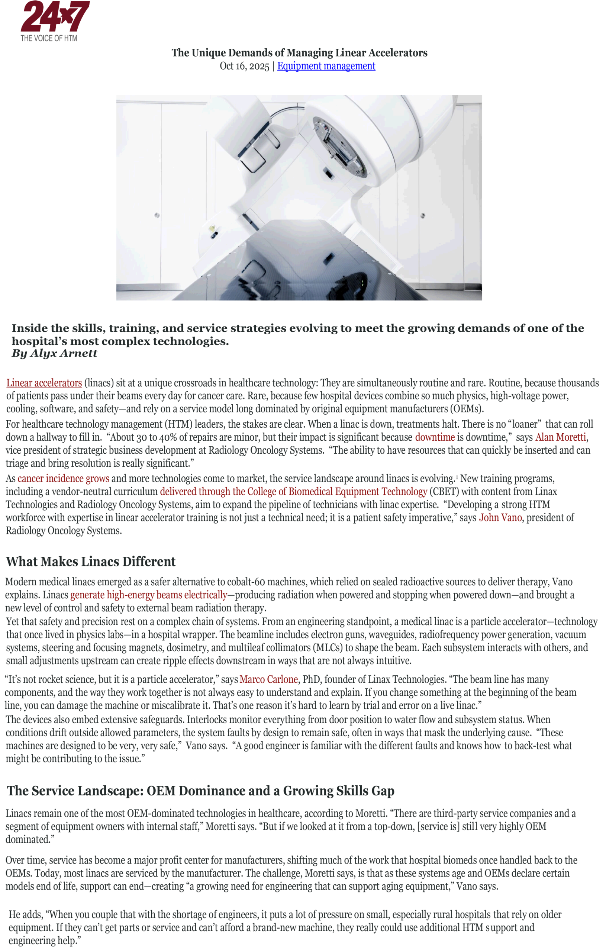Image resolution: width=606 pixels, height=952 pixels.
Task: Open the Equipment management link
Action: [326, 66]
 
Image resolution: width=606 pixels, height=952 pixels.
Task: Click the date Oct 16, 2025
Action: [244, 66]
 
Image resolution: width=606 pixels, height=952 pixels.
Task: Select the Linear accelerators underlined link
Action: [44, 383]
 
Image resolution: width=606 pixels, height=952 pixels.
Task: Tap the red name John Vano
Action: [500, 518]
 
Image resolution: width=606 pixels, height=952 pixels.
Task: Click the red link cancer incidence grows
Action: [63, 478]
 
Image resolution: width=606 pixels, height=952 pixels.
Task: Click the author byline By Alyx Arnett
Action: [54, 353]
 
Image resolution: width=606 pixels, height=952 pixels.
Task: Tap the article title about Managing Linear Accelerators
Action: [299, 52]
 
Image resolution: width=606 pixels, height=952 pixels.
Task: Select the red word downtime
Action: [435, 437]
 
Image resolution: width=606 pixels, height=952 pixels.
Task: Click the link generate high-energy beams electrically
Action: [149, 595]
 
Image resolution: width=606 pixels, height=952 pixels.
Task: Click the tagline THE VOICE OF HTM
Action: [49, 38]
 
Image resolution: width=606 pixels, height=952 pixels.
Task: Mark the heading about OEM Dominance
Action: [200, 791]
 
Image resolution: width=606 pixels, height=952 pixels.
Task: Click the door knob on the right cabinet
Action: [423, 215]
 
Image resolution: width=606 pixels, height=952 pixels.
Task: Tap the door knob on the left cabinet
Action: [157, 215]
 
